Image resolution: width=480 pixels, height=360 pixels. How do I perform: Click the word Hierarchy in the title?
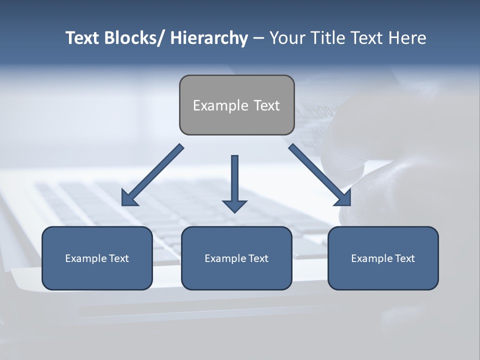pyautogui.click(x=208, y=38)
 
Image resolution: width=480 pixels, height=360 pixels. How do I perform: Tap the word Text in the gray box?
pyautogui.click(x=266, y=105)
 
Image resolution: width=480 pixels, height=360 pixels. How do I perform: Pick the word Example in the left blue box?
pyautogui.click(x=85, y=258)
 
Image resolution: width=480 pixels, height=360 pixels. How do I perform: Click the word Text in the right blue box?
pyautogui.click(x=404, y=258)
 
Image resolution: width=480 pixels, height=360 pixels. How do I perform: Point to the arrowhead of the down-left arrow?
pyautogui.click(x=128, y=199)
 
